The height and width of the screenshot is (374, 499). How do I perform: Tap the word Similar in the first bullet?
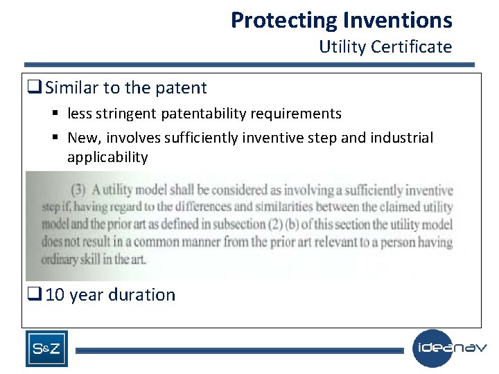(73, 88)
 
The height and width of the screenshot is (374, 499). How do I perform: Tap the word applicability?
(107, 157)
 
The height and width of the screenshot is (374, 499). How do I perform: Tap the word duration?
(144, 295)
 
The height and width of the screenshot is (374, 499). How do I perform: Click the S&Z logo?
(46, 349)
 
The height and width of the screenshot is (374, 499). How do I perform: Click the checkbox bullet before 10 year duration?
(35, 295)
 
